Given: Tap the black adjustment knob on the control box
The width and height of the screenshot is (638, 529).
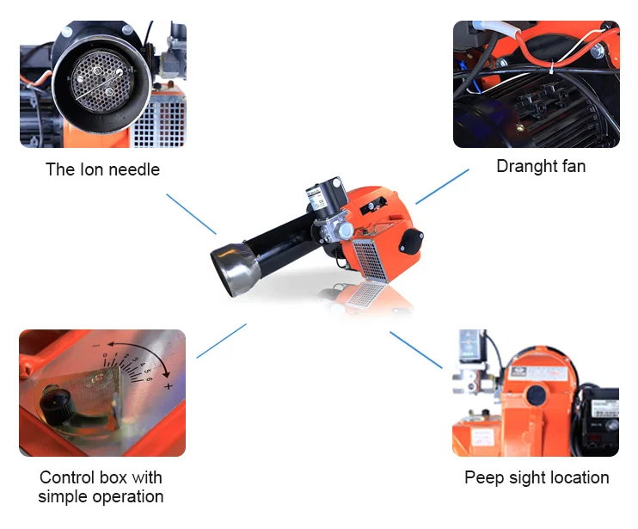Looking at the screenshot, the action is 58,404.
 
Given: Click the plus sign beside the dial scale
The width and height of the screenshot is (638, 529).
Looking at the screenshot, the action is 168,385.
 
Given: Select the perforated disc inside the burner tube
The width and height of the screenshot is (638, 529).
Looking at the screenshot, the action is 101,82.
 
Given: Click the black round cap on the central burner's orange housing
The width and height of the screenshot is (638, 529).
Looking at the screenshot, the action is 411,241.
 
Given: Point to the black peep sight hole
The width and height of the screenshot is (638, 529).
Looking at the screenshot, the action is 537,395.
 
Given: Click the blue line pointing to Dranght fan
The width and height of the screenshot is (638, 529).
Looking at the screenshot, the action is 442,187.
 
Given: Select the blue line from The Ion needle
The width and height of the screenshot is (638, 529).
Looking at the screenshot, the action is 191,214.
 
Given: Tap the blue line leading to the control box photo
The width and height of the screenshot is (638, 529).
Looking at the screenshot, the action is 221,341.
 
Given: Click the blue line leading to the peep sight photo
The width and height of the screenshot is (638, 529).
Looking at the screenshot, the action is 416,350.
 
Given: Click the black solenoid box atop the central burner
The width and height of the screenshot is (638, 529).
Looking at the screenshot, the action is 326,197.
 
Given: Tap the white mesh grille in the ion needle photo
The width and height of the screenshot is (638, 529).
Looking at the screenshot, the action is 160,123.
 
